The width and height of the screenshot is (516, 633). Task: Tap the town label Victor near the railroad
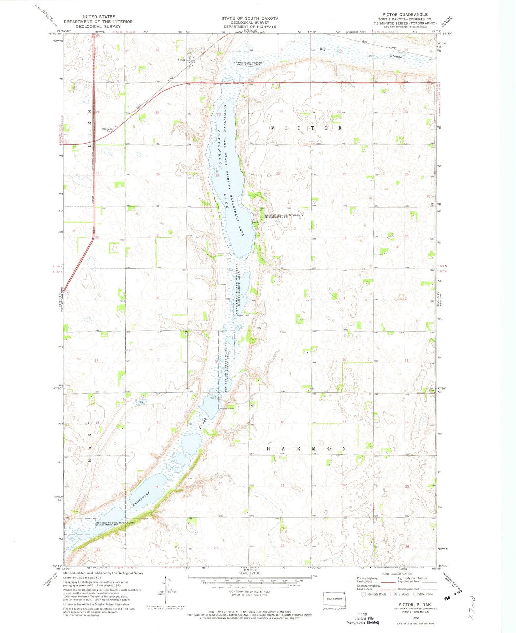[x=181, y=60]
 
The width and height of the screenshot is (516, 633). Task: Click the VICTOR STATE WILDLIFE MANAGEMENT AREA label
[x=248, y=63]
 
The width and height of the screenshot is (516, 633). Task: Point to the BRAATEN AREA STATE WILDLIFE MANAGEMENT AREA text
[x=284, y=216]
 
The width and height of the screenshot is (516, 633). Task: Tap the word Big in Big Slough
[x=322, y=49]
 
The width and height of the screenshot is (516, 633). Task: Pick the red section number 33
[x=277, y=238]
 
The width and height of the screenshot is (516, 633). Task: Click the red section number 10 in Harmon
[x=344, y=360]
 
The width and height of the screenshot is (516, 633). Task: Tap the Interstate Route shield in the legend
[x=363, y=594]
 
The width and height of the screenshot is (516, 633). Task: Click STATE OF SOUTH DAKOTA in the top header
[x=250, y=18]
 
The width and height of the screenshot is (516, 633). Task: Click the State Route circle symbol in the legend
[x=415, y=594]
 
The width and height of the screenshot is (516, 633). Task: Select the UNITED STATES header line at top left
[x=98, y=16]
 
